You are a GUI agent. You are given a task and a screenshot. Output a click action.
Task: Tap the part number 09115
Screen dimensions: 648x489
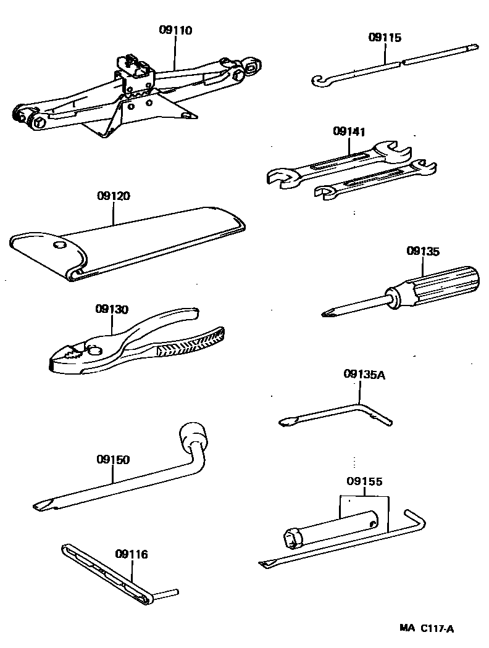tap(385, 38)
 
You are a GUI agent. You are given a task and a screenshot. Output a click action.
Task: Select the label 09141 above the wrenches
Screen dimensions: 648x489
tap(349, 131)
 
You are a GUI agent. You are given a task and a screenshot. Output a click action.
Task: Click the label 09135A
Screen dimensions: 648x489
tap(364, 374)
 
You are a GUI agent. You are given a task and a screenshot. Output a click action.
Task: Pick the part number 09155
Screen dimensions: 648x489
tap(364, 481)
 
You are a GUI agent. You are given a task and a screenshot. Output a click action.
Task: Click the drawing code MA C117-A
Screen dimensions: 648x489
tap(426, 629)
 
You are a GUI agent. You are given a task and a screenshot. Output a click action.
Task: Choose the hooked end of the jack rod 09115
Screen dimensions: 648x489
tap(318, 81)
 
